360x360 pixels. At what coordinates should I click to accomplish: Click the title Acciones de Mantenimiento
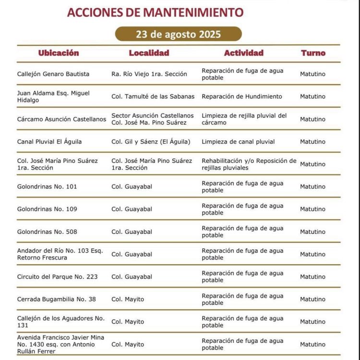click(155, 12)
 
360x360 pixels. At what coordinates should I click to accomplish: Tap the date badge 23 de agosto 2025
click(178, 34)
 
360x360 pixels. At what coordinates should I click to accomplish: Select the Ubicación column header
click(59, 53)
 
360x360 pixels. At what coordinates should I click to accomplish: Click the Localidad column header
click(149, 53)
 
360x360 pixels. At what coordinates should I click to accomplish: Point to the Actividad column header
click(243, 53)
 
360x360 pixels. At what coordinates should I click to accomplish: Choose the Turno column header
click(313, 53)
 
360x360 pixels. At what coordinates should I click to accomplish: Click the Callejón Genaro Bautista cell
click(53, 74)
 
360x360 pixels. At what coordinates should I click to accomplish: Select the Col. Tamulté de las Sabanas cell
click(153, 96)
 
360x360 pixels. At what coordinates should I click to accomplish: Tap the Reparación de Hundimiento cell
click(241, 96)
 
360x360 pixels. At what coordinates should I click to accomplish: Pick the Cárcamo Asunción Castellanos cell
click(61, 119)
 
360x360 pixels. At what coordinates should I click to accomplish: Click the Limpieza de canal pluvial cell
click(238, 141)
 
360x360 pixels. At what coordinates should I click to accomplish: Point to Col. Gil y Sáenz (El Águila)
click(151, 141)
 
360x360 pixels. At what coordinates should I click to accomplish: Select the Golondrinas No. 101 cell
click(47, 186)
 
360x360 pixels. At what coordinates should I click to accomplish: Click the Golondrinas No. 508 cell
click(47, 232)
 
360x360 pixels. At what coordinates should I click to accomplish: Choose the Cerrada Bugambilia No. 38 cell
click(56, 299)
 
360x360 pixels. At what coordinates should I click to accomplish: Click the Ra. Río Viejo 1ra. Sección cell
click(149, 74)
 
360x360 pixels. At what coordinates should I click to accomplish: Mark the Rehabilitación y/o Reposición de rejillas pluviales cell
click(249, 164)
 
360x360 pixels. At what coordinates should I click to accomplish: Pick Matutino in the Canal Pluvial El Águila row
click(312, 141)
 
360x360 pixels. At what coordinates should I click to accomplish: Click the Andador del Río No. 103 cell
click(60, 254)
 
